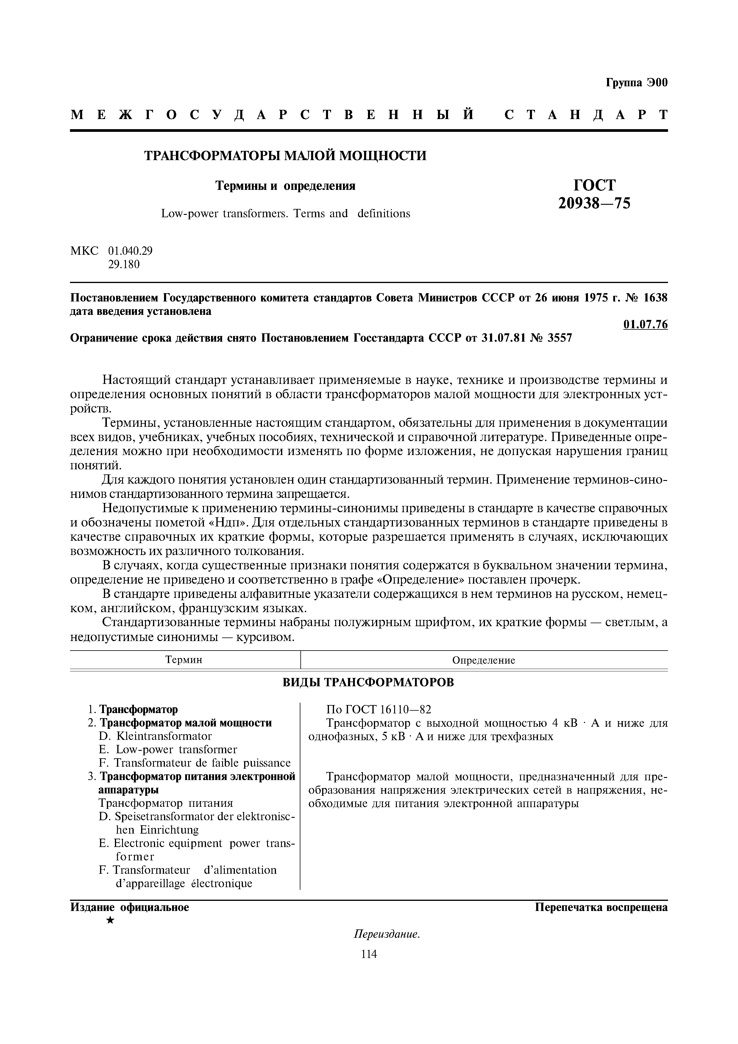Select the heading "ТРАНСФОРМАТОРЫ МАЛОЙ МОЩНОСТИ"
pyautogui.click(x=285, y=156)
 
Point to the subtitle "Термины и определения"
pyautogui.click(x=285, y=186)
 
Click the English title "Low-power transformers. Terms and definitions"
pyautogui.click(x=285, y=213)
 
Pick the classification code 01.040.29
pyautogui.click(x=130, y=251)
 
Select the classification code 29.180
pyautogui.click(x=124, y=264)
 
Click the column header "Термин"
pyautogui.click(x=184, y=660)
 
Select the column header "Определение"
pyautogui.click(x=483, y=660)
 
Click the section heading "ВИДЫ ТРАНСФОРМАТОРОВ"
pyautogui.click(x=368, y=682)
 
